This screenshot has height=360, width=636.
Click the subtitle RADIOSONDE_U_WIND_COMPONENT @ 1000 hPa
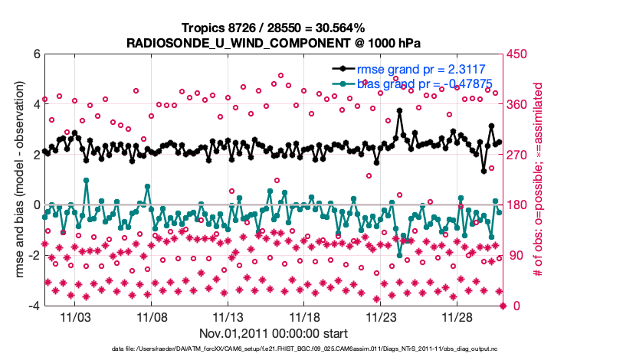pos(273,42)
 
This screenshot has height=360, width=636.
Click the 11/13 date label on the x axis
pos(228,317)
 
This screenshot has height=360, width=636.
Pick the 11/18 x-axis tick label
pos(305,317)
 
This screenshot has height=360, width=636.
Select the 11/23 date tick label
pos(382,317)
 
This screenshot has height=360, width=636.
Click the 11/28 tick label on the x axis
pos(458,317)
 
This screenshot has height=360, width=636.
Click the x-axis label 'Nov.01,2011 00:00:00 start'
pos(273,334)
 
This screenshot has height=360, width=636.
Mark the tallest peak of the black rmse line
pos(400,110)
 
